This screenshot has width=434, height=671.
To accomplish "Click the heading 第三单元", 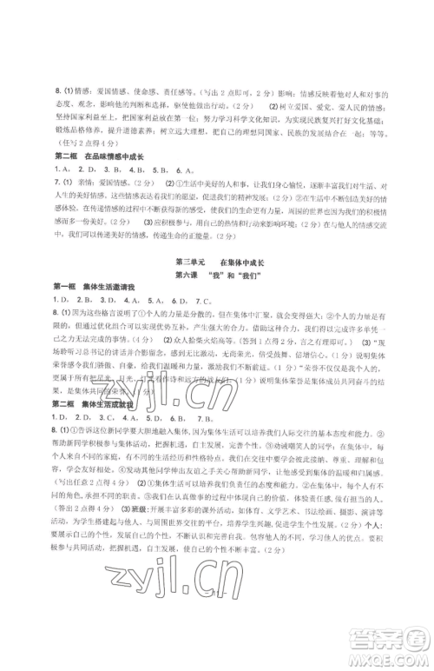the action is click(189, 261).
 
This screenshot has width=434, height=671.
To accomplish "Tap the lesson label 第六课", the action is click(188, 275).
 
